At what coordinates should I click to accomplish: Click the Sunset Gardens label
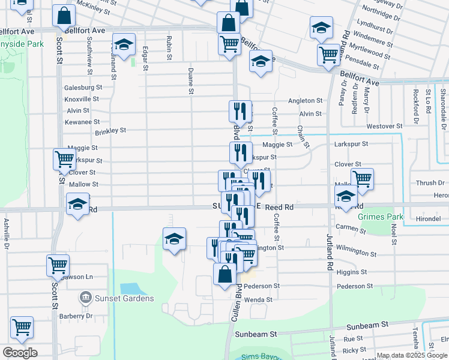(x=123, y=298)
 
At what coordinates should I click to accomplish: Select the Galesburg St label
(x=83, y=87)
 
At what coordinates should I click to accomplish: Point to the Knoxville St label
(x=81, y=99)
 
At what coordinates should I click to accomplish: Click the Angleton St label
(x=305, y=101)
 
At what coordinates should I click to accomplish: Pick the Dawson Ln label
(x=80, y=277)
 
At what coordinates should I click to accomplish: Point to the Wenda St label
(x=259, y=299)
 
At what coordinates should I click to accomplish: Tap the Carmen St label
(x=347, y=227)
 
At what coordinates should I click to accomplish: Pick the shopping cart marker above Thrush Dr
(x=362, y=178)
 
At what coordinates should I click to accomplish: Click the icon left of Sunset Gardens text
(x=85, y=298)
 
